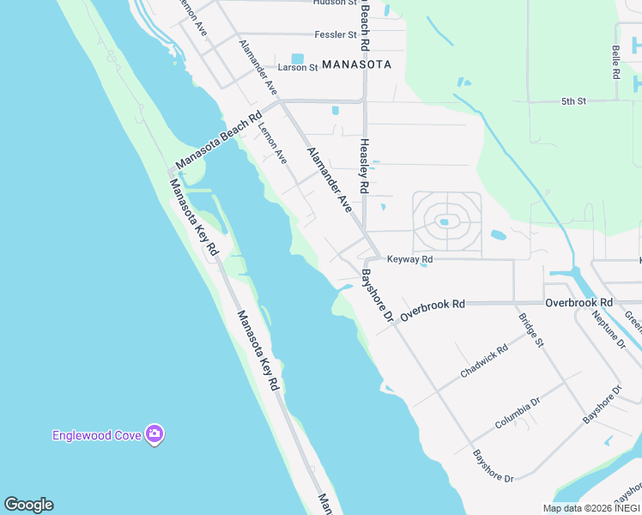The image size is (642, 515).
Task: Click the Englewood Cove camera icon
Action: (154, 434)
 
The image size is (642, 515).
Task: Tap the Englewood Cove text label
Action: (96, 435)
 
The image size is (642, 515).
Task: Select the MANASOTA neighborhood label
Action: (356, 64)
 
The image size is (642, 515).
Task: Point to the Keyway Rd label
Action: (409, 259)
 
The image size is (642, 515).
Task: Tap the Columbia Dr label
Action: (517, 414)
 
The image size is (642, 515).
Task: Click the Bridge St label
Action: (530, 330)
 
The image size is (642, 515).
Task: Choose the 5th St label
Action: (573, 101)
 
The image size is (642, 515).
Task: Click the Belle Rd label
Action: (616, 63)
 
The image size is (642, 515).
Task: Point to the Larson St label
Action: (298, 67)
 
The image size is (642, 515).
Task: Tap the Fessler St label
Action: (336, 35)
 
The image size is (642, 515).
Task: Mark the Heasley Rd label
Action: (364, 165)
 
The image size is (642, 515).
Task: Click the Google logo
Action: (28, 505)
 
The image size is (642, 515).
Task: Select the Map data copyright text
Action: (591, 508)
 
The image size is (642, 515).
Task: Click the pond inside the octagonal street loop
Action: (444, 221)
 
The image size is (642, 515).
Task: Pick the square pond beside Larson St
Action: (298, 58)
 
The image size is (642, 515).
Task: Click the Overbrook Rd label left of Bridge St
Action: (433, 305)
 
